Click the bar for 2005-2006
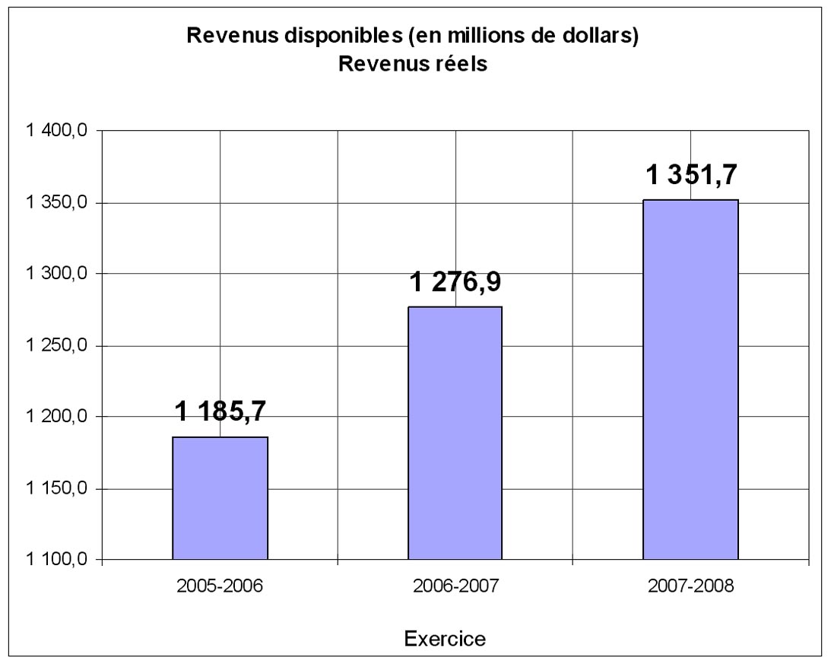click(x=220, y=498)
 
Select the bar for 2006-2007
click(x=455, y=433)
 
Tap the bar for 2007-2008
click(x=690, y=380)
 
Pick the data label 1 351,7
click(x=691, y=176)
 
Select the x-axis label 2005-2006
click(x=220, y=588)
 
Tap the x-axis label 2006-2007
click(x=455, y=588)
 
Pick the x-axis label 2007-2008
click(x=690, y=588)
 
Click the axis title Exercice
click(x=445, y=638)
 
